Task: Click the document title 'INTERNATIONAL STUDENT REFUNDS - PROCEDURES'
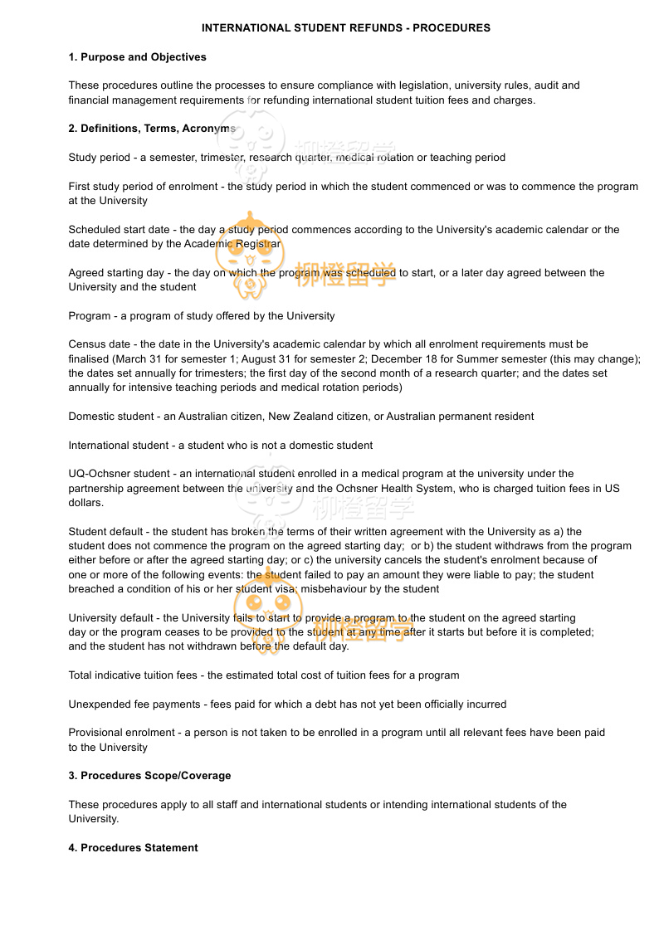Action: pos(345,28)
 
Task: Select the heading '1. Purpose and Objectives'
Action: pos(137,57)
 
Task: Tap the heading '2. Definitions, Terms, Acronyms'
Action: pos(152,129)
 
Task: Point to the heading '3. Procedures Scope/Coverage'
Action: pos(149,776)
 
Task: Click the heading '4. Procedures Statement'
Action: pos(133,848)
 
